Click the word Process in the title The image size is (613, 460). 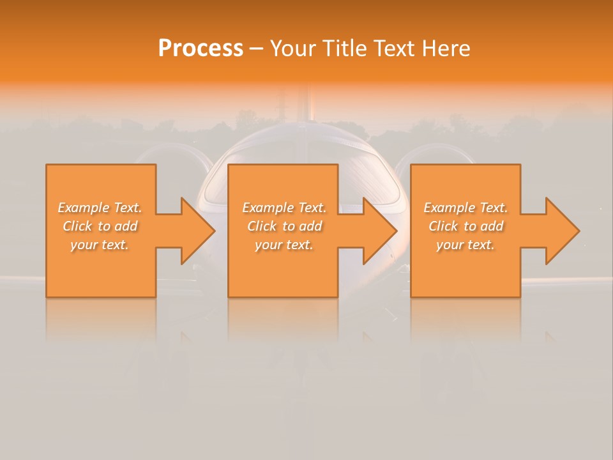pos(201,49)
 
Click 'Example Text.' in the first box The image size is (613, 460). pos(100,208)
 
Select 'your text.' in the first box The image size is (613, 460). pos(100,245)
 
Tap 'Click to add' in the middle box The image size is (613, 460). pos(284,226)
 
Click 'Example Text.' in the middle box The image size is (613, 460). pos(284,208)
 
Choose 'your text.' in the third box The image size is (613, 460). pos(465,245)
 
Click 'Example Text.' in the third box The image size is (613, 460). pos(465,208)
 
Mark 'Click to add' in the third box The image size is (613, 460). pos(465,226)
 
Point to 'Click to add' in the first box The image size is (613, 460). pos(100,226)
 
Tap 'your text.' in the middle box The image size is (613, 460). pos(284,245)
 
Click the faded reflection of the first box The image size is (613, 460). pos(101,319)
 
